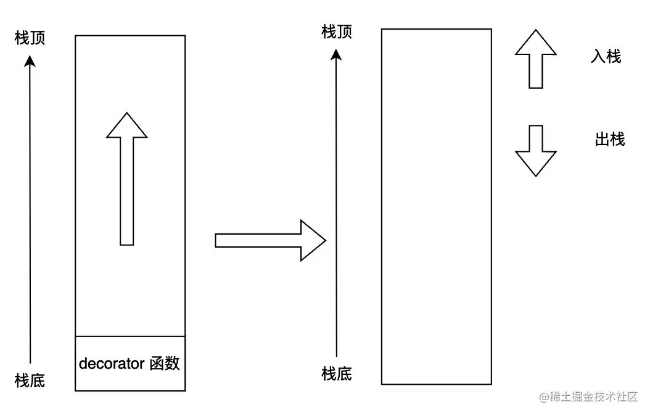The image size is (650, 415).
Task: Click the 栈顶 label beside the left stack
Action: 30,38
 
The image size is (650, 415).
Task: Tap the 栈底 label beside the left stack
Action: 30,379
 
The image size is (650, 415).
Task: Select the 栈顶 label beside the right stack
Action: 337,32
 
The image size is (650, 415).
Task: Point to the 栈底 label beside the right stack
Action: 337,374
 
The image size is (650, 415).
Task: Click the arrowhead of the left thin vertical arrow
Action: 30,61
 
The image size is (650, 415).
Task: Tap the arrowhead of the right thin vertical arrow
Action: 336,54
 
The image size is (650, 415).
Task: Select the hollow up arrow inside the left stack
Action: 127,179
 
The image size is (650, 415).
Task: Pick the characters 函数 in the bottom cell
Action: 165,364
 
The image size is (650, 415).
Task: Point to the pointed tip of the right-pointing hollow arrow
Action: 324,240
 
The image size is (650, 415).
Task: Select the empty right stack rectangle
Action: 437,207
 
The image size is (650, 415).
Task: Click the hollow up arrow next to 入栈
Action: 536,60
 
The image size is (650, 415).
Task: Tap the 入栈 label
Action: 606,57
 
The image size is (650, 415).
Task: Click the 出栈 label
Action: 609,140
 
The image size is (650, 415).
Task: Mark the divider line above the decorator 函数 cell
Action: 130,337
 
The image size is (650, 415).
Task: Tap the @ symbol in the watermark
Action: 545,397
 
